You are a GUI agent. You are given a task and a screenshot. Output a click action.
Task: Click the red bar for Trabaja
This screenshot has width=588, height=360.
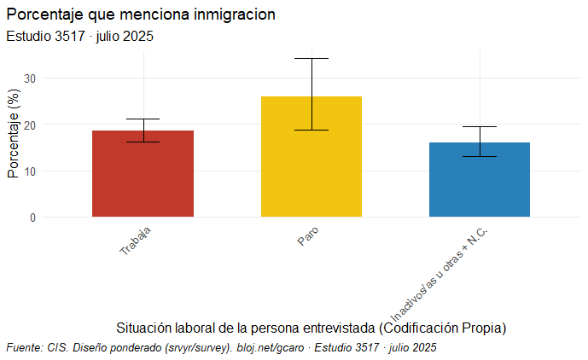pos(143,175)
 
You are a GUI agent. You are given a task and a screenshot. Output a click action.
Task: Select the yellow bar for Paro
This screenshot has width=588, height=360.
pos(311,158)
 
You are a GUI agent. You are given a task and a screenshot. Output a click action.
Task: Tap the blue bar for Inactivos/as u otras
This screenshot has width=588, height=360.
pos(480,180)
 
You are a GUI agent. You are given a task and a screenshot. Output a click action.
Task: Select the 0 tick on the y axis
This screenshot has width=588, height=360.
pos(32,218)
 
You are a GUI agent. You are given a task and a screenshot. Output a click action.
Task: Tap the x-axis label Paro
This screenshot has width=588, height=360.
pos(307,236)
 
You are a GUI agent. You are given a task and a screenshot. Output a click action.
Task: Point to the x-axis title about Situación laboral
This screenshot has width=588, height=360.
pos(311,328)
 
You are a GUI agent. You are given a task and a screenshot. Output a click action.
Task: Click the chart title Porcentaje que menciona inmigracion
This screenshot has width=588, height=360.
pos(140,15)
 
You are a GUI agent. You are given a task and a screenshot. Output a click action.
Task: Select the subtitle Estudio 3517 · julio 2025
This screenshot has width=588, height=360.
pos(79,37)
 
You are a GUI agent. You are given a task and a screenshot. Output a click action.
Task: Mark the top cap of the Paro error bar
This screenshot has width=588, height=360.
pos(311,58)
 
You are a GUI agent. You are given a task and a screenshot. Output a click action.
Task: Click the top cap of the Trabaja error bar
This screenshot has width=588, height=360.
pos(143,119)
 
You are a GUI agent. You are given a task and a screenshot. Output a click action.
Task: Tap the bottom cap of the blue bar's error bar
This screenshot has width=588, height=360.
pos(480,157)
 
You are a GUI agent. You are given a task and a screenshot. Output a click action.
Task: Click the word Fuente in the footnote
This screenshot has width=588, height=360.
pos(24,348)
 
